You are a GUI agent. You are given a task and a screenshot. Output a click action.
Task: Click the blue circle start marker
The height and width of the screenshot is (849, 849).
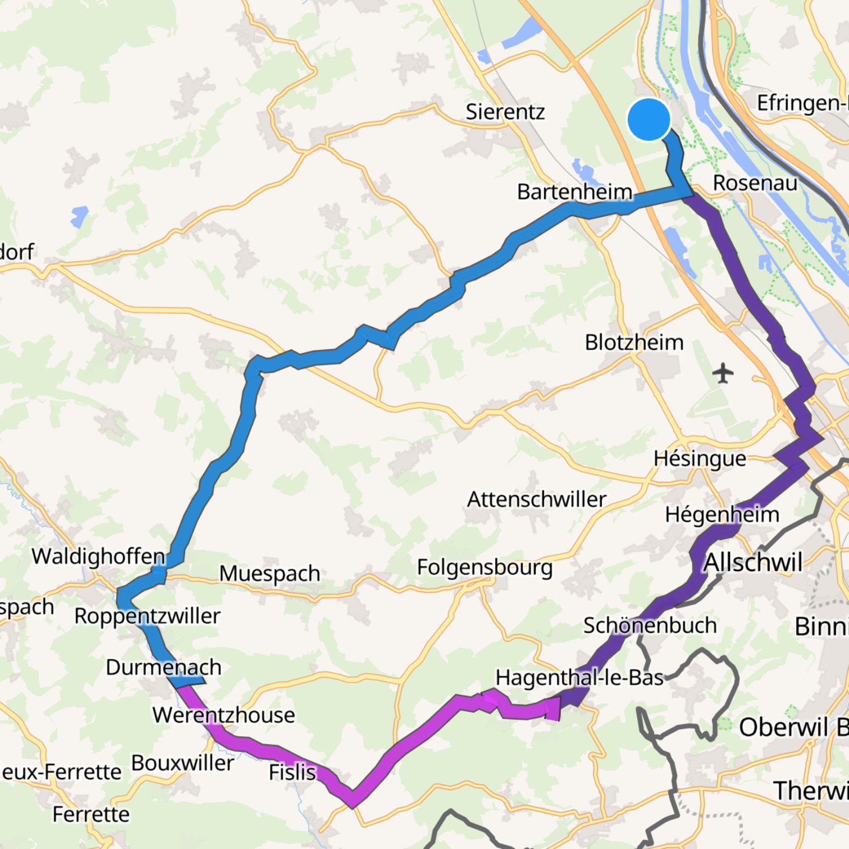click(649, 119)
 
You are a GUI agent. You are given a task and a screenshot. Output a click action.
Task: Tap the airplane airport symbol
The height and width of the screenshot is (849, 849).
click(723, 372)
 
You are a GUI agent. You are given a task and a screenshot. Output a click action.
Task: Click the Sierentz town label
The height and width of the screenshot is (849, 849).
click(505, 112)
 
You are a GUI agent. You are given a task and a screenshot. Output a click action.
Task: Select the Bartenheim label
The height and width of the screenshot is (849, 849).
click(574, 192)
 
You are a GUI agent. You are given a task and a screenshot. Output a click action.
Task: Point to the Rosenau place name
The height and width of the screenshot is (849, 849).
click(755, 183)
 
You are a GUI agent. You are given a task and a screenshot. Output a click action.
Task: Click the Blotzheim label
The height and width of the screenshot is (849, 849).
click(634, 342)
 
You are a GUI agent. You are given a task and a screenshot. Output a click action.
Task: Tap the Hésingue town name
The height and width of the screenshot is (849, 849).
click(700, 459)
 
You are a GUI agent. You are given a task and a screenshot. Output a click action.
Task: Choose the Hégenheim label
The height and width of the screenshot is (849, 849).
click(722, 514)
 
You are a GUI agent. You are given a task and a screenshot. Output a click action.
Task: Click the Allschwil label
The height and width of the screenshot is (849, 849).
click(753, 562)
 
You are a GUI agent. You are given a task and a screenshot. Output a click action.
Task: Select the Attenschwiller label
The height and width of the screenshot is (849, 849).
click(537, 499)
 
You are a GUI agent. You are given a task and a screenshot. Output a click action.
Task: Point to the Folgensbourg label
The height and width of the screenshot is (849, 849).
click(485, 567)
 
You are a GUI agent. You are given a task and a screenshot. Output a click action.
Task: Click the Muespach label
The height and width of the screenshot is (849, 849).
click(270, 573)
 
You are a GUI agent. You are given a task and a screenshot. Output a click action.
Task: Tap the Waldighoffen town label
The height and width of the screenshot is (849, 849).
click(98, 556)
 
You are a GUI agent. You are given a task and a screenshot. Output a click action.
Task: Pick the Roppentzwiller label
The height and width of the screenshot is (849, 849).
click(147, 616)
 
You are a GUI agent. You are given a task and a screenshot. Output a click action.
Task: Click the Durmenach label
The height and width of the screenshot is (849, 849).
click(163, 667)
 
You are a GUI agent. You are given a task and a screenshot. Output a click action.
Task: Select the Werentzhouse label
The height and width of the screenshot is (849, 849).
click(223, 715)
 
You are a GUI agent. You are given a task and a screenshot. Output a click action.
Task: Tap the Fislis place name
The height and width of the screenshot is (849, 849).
click(292, 772)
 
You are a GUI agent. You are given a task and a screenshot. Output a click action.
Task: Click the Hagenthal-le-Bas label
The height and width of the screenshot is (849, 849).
click(579, 678)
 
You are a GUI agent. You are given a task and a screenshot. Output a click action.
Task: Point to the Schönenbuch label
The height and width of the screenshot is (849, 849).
click(650, 626)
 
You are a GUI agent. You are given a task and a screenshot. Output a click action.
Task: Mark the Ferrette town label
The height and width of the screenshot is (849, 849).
click(91, 814)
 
